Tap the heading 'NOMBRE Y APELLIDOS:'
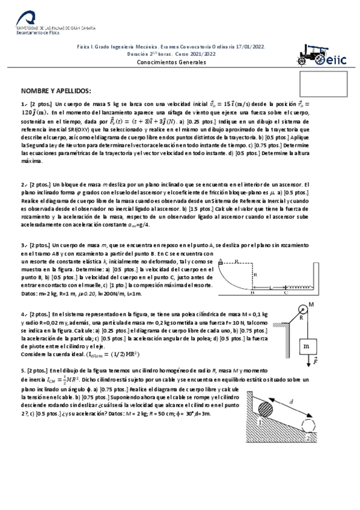click(x=56, y=91)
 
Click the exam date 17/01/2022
click(x=248, y=46)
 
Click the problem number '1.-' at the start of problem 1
click(x=24, y=105)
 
